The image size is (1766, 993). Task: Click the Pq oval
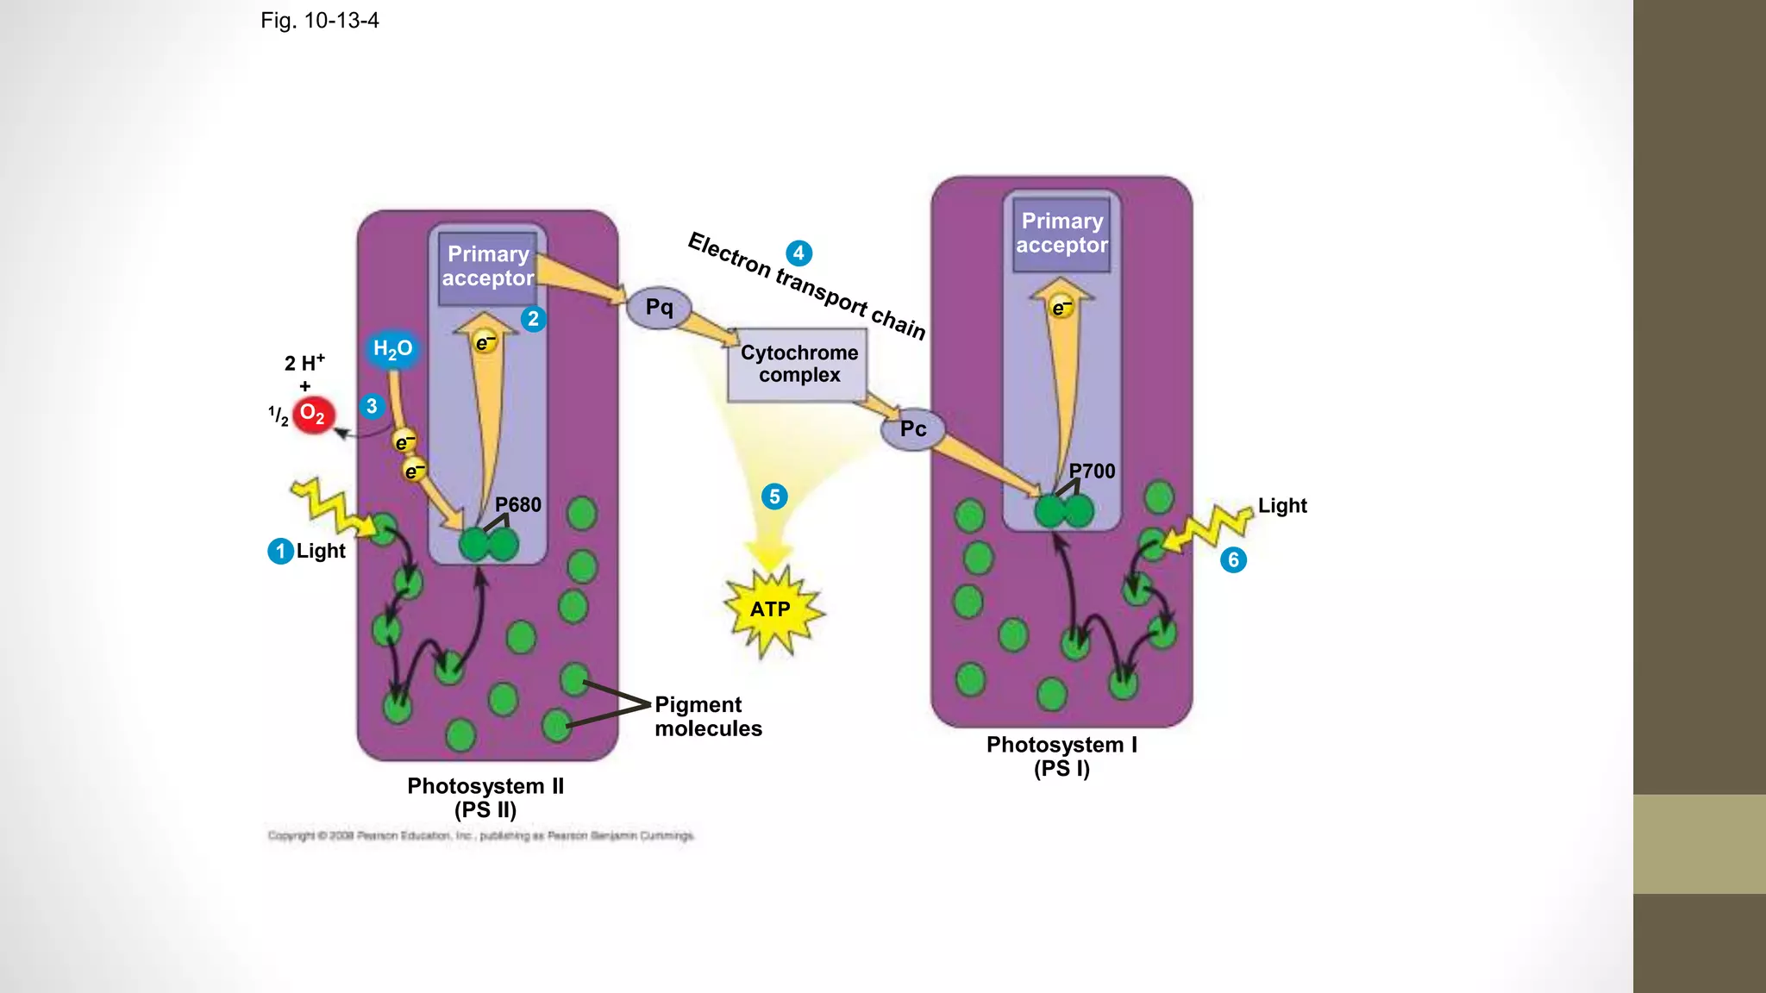(x=659, y=308)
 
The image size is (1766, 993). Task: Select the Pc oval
(x=913, y=429)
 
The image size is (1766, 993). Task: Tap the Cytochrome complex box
(x=798, y=365)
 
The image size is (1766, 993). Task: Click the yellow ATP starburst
(x=771, y=609)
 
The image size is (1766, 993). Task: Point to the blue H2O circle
(x=392, y=349)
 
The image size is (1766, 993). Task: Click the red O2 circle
(x=313, y=415)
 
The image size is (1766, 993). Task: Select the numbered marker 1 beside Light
(x=280, y=551)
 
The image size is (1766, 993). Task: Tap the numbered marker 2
(x=533, y=319)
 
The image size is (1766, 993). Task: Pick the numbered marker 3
(x=372, y=406)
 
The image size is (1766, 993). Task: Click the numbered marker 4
(x=798, y=253)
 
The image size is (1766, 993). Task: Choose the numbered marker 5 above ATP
(x=774, y=496)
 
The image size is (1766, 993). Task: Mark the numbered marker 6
(x=1233, y=560)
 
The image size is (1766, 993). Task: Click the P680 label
(x=517, y=504)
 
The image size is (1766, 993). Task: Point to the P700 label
(x=1092, y=471)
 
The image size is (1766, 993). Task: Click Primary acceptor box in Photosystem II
(x=488, y=266)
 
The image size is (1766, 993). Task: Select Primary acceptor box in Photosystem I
(x=1061, y=234)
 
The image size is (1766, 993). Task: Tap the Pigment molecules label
(x=708, y=716)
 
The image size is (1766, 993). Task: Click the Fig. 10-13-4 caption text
(x=320, y=21)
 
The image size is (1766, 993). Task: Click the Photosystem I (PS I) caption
(x=1061, y=756)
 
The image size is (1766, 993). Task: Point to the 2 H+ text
(x=304, y=363)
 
